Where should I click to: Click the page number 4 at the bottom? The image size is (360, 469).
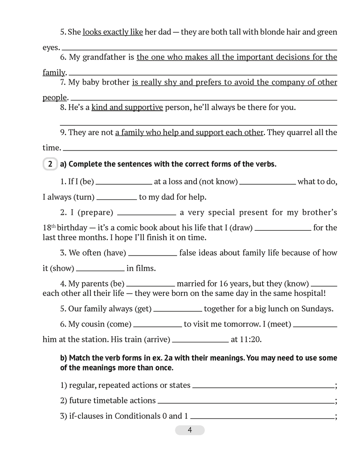[x=190, y=430]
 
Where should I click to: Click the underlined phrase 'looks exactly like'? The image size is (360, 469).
[x=112, y=32]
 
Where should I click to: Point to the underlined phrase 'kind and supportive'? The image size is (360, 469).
[x=127, y=107]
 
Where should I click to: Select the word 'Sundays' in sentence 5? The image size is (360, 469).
[x=316, y=309]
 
